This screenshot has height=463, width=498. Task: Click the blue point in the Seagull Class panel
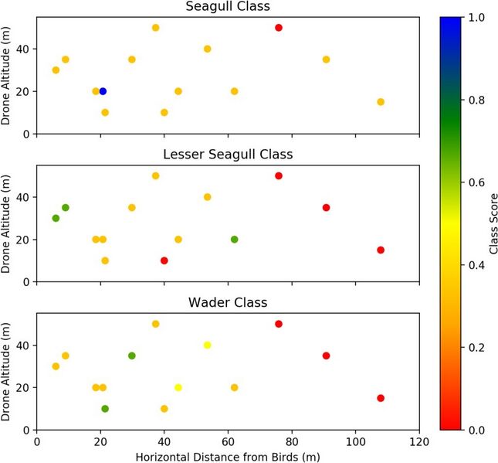tap(103, 91)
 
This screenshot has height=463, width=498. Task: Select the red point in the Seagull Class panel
tap(279, 28)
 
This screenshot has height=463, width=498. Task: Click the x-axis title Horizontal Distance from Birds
tap(228, 456)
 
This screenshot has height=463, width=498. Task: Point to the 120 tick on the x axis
tap(419, 441)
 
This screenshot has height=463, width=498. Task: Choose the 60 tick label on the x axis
tap(228, 441)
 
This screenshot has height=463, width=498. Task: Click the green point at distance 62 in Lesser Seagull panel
tap(235, 239)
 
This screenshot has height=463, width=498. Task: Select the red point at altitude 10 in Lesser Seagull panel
tap(164, 260)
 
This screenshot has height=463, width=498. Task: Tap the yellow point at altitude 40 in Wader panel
tap(207, 345)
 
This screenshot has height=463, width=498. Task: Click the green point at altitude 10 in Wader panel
tap(105, 409)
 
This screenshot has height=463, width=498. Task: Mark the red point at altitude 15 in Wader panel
tap(381, 398)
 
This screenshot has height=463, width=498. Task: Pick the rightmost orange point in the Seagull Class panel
tap(381, 102)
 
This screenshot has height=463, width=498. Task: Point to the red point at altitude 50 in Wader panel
tap(279, 324)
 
